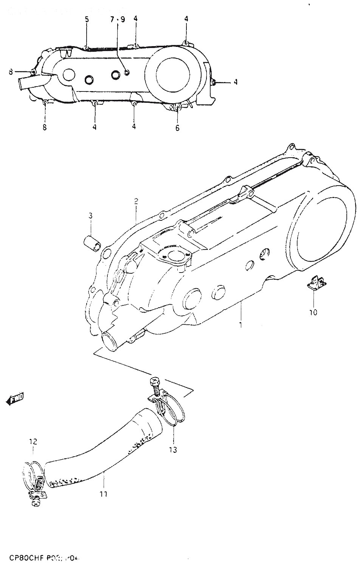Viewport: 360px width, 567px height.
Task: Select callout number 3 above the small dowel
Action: click(x=91, y=216)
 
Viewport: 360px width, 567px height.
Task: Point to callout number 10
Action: click(x=313, y=312)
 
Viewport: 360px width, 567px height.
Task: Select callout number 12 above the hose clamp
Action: click(x=33, y=441)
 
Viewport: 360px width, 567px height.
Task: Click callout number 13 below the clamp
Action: click(x=173, y=450)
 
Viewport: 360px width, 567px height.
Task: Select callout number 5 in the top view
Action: click(x=87, y=19)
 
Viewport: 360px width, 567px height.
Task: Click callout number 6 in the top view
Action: click(x=177, y=128)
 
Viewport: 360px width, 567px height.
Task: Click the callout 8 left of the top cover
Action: click(x=11, y=71)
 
